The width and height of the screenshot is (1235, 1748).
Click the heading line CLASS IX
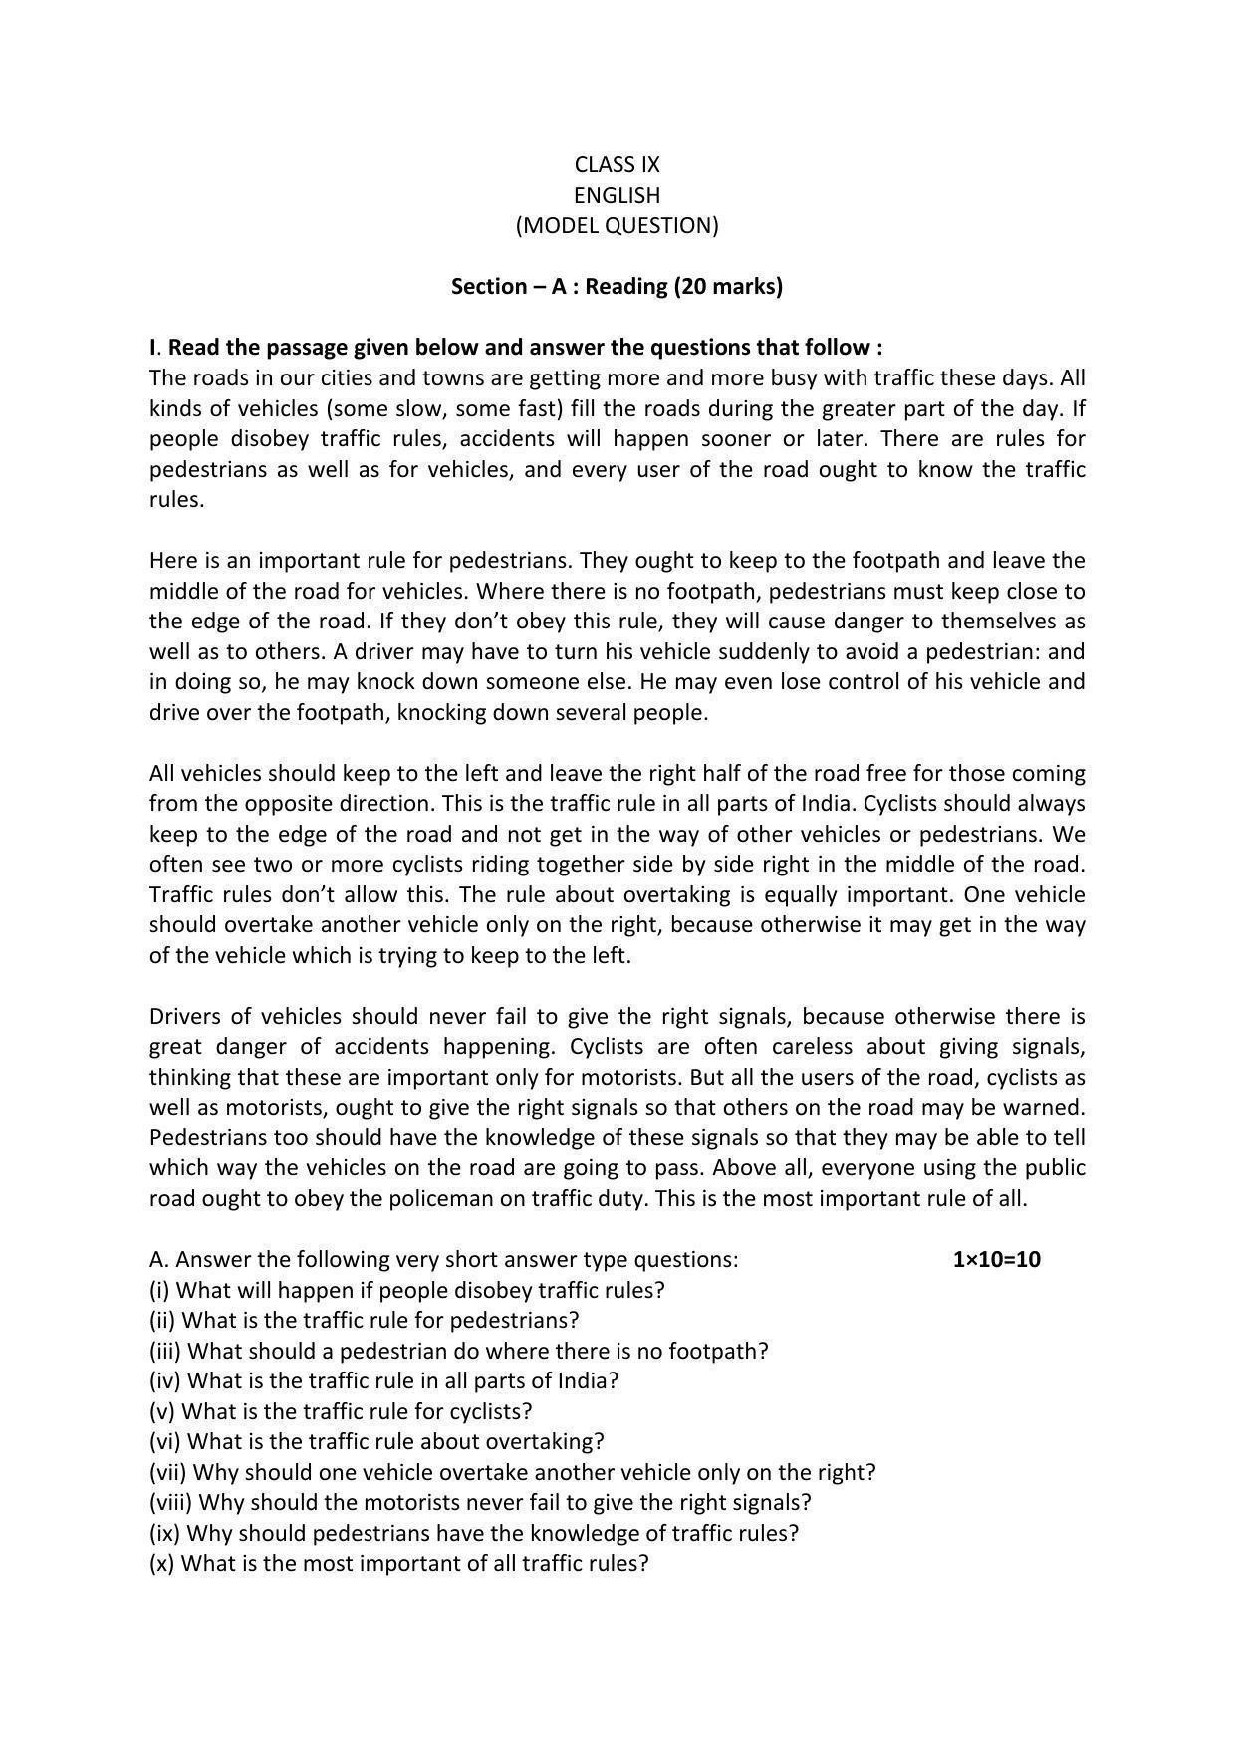coord(617,164)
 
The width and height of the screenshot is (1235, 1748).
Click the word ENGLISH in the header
coord(617,195)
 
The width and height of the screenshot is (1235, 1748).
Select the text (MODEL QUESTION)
coord(617,225)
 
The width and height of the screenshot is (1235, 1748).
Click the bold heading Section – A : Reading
coord(617,287)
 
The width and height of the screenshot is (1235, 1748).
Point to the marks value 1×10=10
coord(996,1260)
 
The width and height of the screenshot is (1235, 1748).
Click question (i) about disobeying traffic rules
coord(406,1290)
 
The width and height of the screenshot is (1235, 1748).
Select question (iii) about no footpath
coord(458,1352)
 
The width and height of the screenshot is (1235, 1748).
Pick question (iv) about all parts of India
coord(383,1381)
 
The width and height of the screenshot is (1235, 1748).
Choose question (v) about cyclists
coord(341,1412)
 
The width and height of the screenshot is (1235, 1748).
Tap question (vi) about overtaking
coord(376,1442)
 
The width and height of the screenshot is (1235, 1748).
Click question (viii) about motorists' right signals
coord(480,1502)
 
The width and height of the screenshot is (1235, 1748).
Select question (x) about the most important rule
coord(398,1564)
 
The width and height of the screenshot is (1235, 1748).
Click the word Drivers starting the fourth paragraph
coord(182,1017)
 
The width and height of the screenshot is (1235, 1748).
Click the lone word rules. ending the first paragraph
coord(176,500)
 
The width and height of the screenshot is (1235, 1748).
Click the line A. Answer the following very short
coord(443,1260)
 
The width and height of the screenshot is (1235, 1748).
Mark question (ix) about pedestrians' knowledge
coord(473,1533)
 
